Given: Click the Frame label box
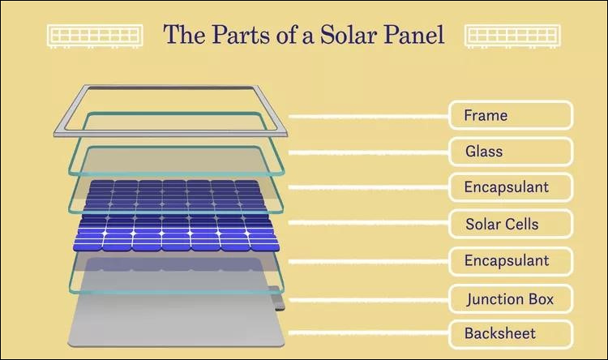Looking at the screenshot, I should click(511, 115).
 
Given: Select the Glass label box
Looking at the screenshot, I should click(511, 152).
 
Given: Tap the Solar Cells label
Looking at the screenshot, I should click(511, 223).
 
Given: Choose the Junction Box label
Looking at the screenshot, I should click(511, 299).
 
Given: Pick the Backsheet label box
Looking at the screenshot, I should click(511, 333).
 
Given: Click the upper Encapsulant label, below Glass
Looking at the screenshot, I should click(511, 187).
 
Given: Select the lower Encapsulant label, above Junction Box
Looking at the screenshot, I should click(511, 260).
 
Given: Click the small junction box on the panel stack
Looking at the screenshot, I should click(279, 302).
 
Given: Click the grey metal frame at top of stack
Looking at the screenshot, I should click(69, 122).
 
